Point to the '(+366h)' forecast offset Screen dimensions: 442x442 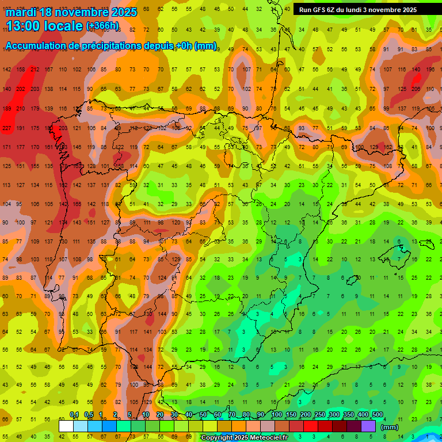click(x=102, y=26)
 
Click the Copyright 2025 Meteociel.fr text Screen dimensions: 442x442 click(x=244, y=438)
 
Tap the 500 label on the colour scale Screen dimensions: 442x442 click(x=378, y=414)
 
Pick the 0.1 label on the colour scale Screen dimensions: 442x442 click(x=74, y=414)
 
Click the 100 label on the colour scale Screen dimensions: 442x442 click(x=276, y=414)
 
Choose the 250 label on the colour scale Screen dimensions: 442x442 click(x=320, y=414)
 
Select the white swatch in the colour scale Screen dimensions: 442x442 click(x=66, y=426)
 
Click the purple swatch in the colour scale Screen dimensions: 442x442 click(x=368, y=426)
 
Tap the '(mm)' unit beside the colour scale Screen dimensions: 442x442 click(x=390, y=427)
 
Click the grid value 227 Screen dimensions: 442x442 click(x=7, y=128)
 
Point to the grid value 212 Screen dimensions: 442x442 click(x=35, y=70)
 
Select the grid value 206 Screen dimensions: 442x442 click(x=414, y=89)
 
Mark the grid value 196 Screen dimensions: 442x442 click(x=430, y=70)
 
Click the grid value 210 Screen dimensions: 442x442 click(x=21, y=108)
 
